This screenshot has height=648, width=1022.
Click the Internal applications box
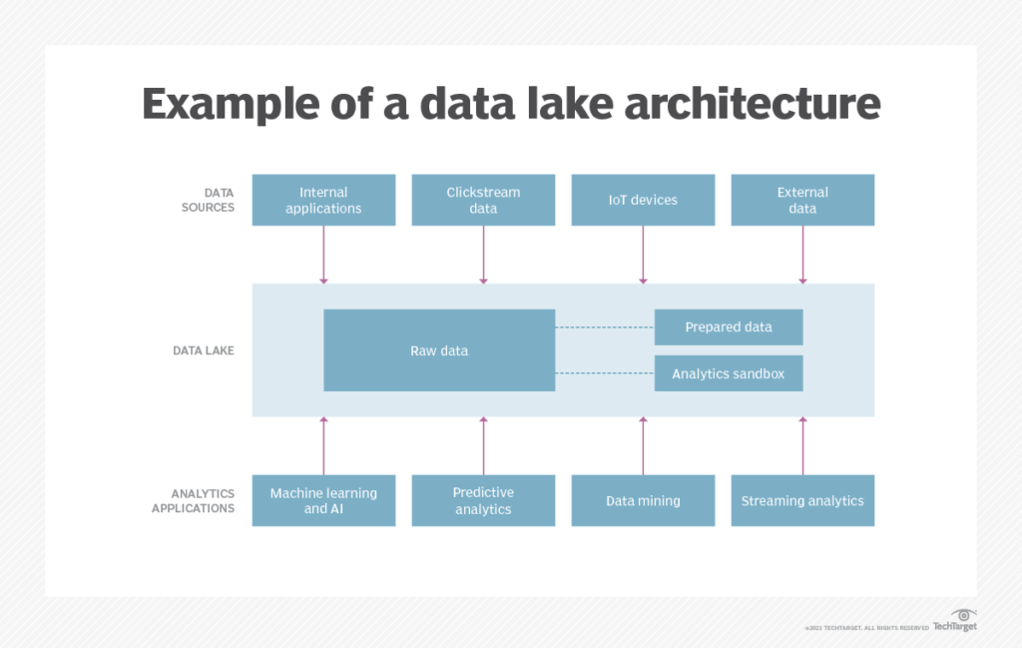click(323, 200)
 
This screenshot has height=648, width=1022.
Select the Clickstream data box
click(483, 200)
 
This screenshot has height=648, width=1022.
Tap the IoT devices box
click(643, 200)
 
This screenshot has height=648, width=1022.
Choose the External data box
click(802, 200)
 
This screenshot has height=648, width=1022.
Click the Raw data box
click(439, 350)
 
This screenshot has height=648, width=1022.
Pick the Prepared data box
click(729, 326)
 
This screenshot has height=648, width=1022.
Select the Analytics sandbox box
click(729, 373)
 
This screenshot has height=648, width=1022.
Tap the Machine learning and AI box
click(323, 500)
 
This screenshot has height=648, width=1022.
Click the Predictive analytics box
click(483, 500)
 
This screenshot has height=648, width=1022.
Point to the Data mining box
click(643, 500)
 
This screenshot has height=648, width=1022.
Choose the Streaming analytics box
click(802, 500)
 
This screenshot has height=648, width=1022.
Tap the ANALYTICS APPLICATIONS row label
click(194, 500)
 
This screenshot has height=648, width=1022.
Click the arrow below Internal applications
click(323, 255)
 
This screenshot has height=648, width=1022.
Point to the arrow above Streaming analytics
click(802, 445)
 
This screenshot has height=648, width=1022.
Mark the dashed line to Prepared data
click(604, 326)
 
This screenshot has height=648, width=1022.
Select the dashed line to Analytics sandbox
click(604, 373)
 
